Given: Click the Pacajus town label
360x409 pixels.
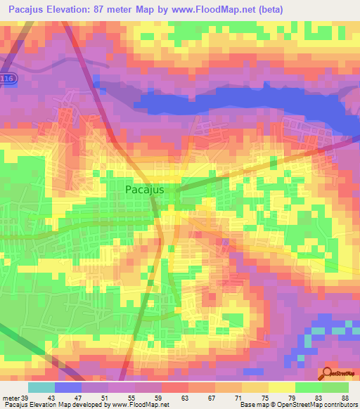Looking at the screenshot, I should coord(146,189).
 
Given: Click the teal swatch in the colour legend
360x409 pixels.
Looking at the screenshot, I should coord(41,387).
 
